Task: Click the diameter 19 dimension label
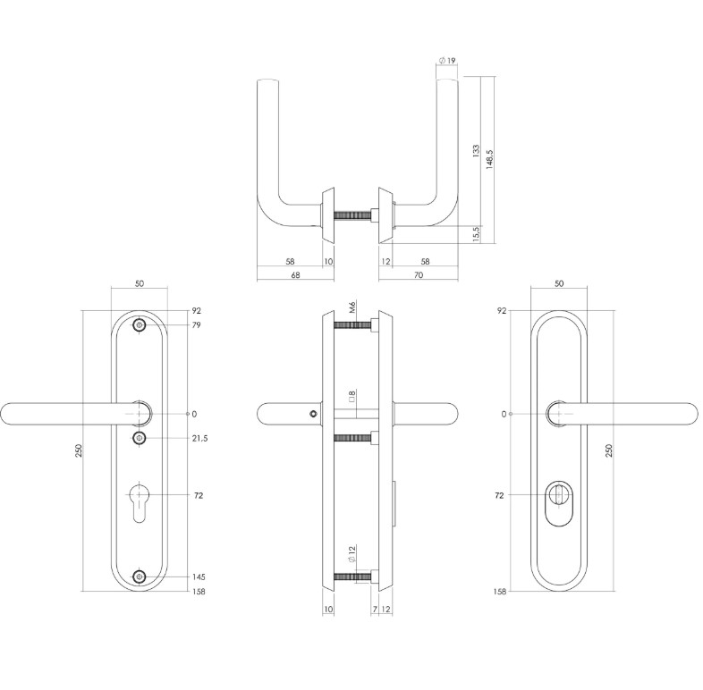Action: point(447,61)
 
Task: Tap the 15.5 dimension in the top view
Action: point(476,233)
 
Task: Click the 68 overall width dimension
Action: point(294,275)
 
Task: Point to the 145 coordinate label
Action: point(199,577)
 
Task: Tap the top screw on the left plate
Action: point(139,326)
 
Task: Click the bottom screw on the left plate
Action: point(139,577)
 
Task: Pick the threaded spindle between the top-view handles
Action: point(356,215)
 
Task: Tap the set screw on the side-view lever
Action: point(311,414)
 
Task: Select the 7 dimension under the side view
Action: point(373,610)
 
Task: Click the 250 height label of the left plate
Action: point(79,451)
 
